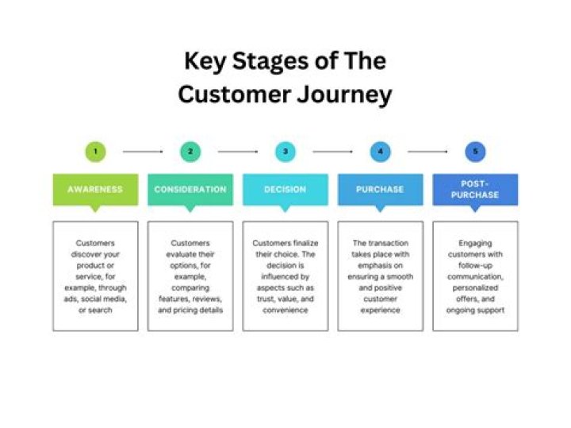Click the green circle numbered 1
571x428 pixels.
95,151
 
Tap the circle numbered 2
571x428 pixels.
190,151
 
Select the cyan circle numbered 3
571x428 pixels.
285,151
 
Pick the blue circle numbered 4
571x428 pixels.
381,151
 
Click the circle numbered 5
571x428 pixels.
475,151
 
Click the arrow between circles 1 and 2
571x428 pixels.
143,151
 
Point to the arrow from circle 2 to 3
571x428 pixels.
238,151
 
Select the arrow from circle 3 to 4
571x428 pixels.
333,151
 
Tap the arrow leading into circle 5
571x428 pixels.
428,151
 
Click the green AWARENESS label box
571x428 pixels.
95,190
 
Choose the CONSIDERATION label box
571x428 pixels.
190,190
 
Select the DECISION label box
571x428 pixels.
285,190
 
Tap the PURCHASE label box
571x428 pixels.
381,190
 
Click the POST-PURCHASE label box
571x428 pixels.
475,190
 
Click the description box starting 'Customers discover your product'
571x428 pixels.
95,276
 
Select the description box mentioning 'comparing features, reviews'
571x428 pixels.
190,276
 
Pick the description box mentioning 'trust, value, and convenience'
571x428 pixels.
285,276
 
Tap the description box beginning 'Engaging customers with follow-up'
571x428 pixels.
475,276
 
